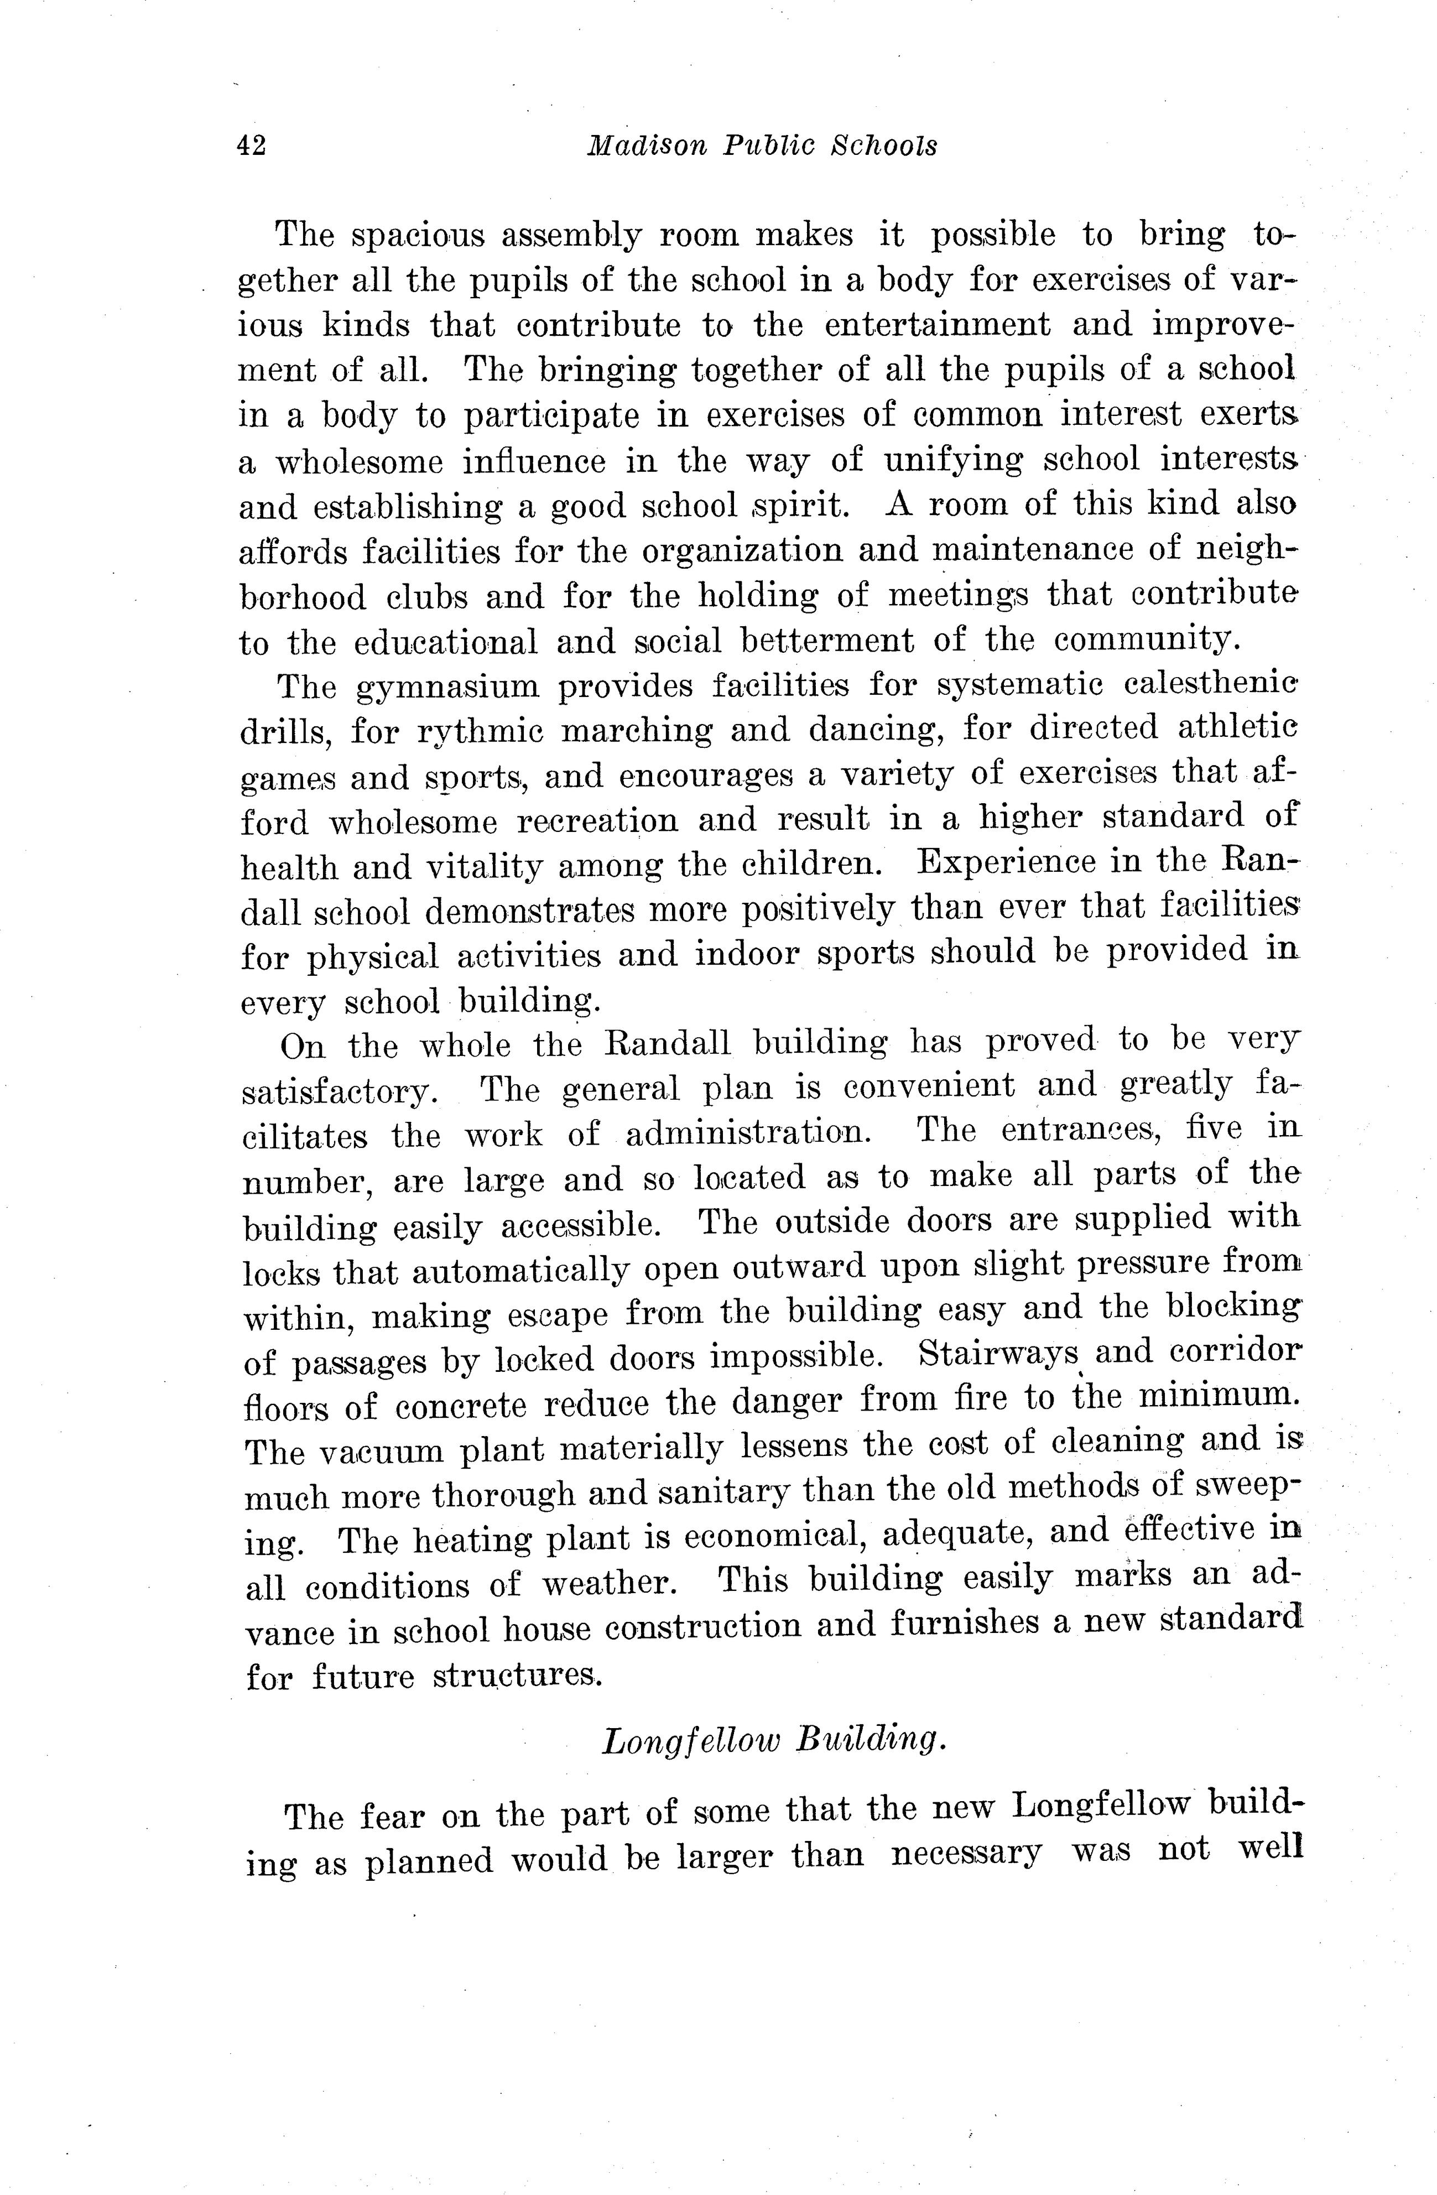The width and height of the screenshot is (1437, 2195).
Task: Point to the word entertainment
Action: [936, 326]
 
